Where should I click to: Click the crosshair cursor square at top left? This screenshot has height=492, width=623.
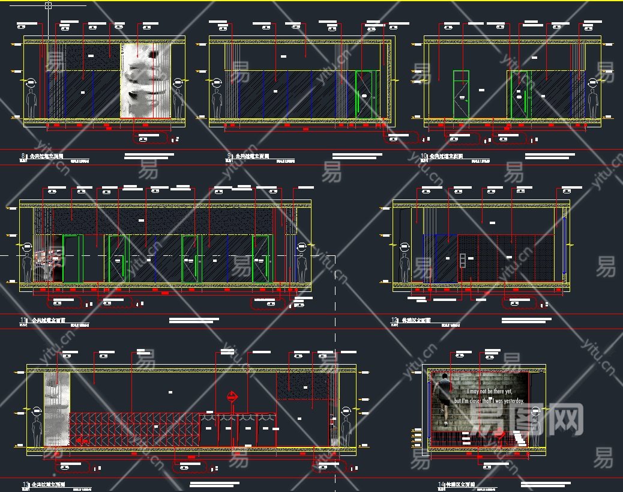point(49,5)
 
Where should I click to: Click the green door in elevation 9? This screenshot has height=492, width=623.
point(364,94)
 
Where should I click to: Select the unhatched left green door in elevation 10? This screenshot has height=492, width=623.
point(461,94)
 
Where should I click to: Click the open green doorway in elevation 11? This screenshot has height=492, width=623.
point(72,258)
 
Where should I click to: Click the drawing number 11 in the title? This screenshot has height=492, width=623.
point(24,320)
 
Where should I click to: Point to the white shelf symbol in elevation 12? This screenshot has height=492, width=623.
point(463,260)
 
